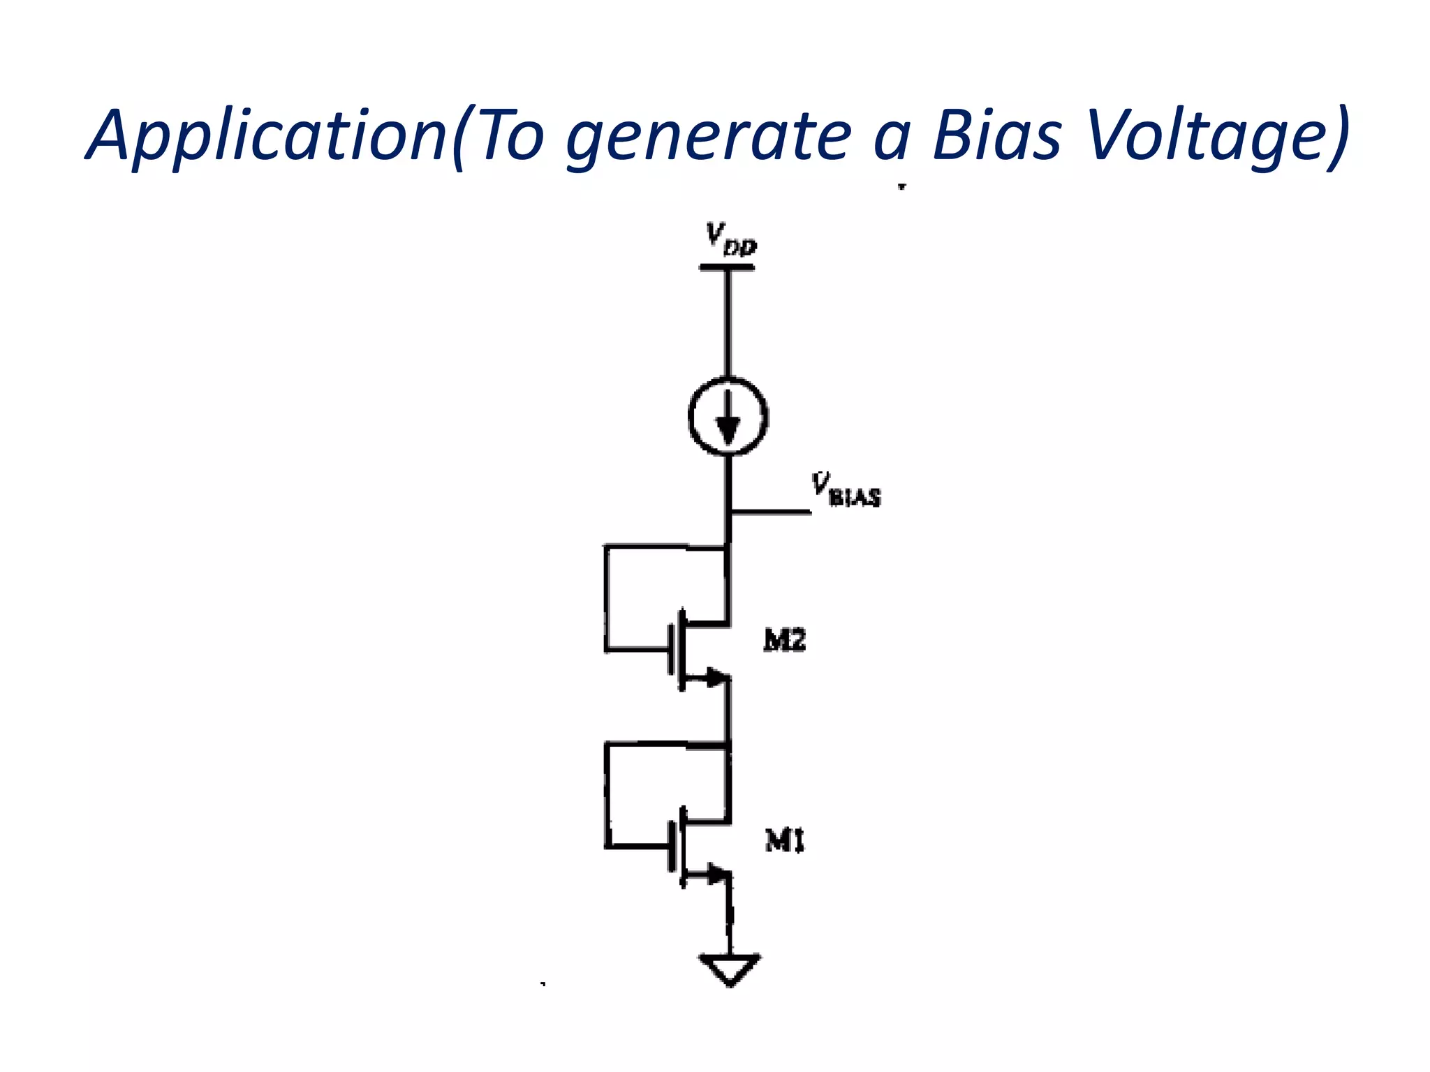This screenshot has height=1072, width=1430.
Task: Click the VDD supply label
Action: pyautogui.click(x=730, y=239)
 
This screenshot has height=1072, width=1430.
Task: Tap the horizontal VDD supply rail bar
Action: pyautogui.click(x=727, y=267)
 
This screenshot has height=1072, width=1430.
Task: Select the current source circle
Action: pyautogui.click(x=728, y=417)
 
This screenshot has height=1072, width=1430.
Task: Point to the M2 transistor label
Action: pyautogui.click(x=785, y=640)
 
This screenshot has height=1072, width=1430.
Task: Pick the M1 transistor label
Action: pyautogui.click(x=785, y=841)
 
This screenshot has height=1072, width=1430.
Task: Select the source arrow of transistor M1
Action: pyautogui.click(x=715, y=873)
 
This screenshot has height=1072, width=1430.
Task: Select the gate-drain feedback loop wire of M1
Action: pyautogui.click(x=607, y=796)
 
